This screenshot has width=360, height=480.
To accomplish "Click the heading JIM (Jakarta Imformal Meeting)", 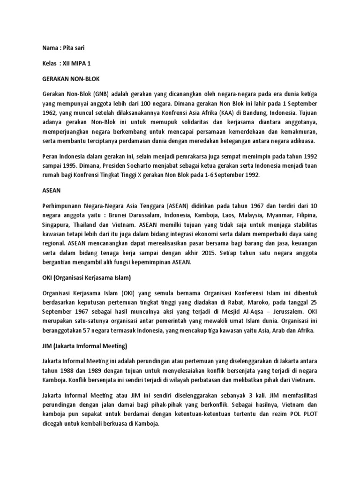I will [85, 346].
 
